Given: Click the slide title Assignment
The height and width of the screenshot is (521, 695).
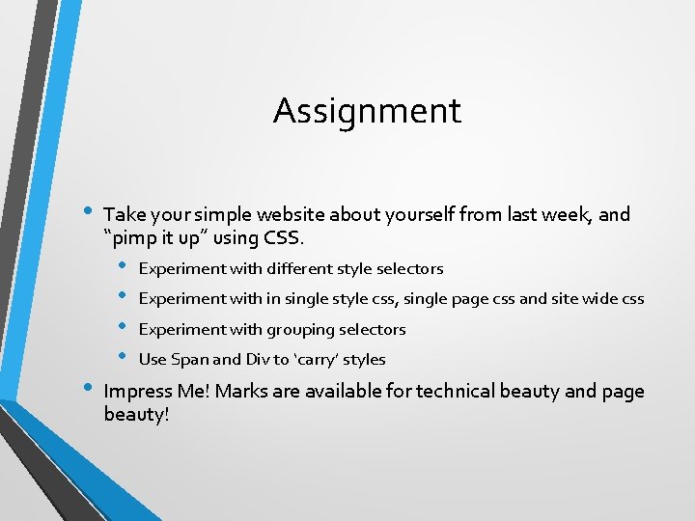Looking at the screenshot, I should coord(367,111).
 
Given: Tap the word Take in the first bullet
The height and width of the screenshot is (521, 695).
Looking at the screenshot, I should coord(123,214).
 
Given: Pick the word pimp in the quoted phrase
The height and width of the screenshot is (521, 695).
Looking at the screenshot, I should coord(134,237).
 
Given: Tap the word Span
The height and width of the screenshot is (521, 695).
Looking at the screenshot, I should coord(189,360).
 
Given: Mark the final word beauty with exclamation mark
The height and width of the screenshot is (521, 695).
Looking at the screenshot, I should coord(136,415).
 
